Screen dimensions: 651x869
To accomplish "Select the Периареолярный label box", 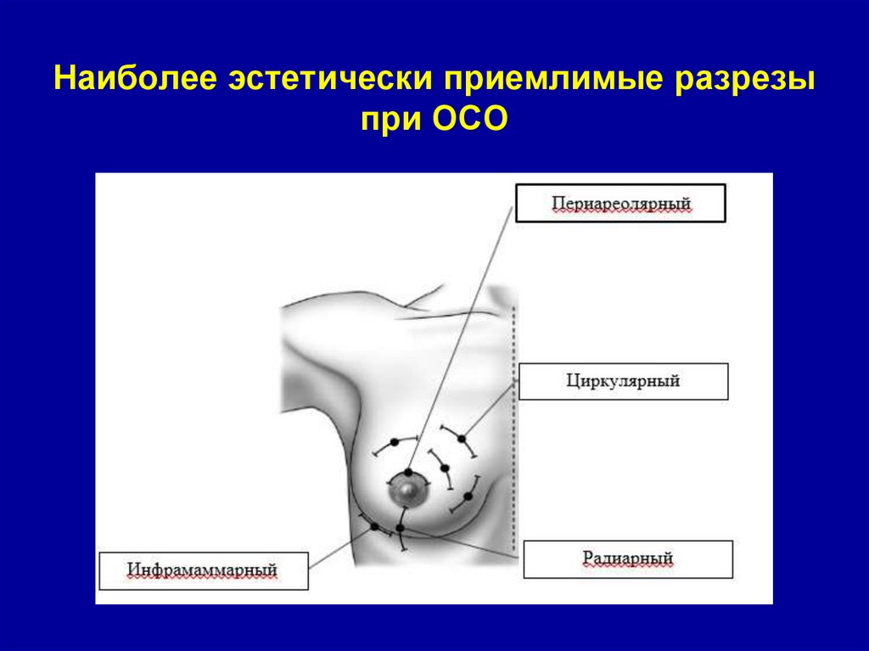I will pos(621,205).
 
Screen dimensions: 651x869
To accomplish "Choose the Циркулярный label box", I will pos(623,381).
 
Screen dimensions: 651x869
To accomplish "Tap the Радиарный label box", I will pos(628,558).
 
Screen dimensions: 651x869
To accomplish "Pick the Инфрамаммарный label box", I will pos(203,570).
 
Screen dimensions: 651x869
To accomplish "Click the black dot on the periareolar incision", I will pos(409,472).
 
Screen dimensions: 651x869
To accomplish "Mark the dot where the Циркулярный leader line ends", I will pos(462,439).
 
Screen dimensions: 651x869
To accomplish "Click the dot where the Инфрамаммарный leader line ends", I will pos(374,527).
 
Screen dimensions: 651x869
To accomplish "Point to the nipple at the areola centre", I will pos(407,490).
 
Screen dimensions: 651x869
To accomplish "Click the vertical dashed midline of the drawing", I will pos(515,424).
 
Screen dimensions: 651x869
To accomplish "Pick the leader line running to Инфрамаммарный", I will pos(339,548).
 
